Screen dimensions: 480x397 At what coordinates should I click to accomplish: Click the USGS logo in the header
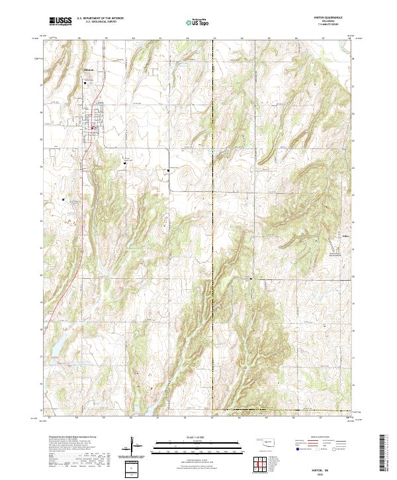(60, 21)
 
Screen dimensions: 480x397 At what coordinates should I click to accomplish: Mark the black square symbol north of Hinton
(85, 83)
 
